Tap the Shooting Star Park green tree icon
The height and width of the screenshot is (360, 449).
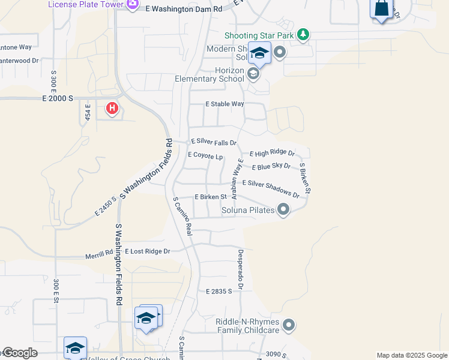304,35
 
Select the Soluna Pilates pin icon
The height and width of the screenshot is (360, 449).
283,210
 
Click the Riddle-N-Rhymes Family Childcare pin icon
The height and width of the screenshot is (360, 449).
289,326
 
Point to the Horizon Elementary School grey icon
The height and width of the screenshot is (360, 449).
253,74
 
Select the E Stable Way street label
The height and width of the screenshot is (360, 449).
224,104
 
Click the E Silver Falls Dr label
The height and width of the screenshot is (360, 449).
214,142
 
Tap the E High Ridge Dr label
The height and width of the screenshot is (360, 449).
272,154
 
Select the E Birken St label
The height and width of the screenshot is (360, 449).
210,196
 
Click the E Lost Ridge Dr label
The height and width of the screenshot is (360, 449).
147,251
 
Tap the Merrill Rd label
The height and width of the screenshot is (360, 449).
99,253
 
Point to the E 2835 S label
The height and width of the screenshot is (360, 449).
218,292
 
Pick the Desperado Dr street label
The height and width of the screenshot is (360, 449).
240,269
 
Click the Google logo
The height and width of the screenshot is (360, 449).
19,353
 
